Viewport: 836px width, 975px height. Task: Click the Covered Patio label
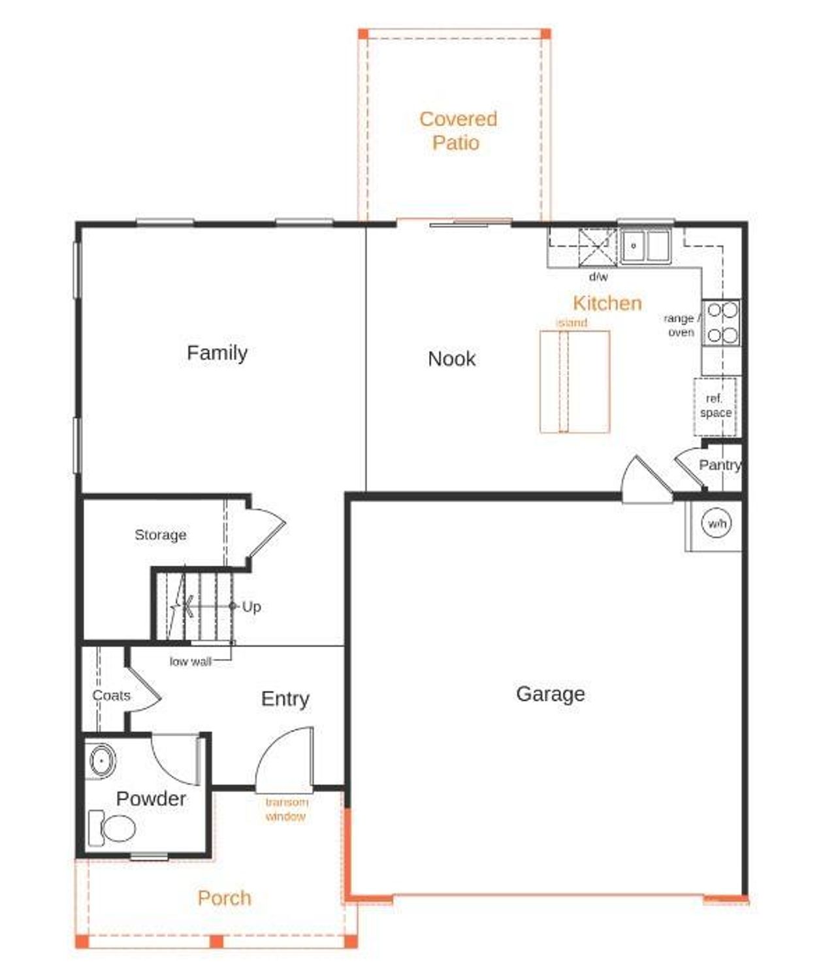[457, 131]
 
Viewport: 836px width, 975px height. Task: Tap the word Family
[217, 353]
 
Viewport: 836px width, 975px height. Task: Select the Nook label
[451, 359]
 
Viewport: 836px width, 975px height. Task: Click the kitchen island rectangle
[575, 382]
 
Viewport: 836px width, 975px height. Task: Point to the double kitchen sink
[645, 246]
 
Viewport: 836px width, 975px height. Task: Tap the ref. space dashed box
[715, 406]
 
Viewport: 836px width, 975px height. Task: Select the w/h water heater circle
[716, 524]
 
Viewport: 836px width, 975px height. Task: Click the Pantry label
[719, 465]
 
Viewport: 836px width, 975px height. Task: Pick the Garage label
[550, 694]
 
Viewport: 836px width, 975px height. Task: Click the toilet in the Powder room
[112, 828]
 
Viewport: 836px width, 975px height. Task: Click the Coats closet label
[111, 695]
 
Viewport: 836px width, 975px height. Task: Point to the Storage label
[160, 535]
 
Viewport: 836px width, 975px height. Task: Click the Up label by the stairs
[251, 607]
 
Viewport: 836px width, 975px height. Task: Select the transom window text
[286, 809]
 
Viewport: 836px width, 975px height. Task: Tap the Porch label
[224, 898]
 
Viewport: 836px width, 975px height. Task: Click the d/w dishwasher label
[598, 277]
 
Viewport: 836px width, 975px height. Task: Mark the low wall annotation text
[190, 662]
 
